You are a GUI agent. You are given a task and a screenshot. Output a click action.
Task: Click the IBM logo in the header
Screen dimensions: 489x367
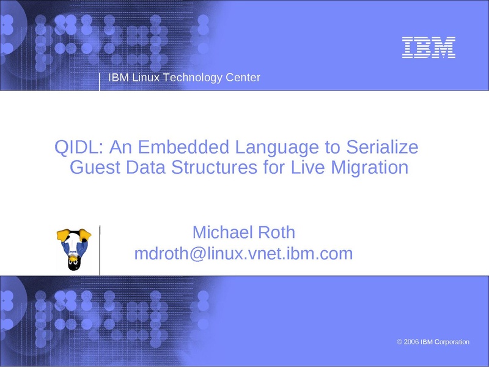point(428,48)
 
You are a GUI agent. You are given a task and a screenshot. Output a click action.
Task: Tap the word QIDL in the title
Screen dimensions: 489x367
point(78,147)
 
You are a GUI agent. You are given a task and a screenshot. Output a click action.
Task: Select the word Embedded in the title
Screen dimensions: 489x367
point(183,147)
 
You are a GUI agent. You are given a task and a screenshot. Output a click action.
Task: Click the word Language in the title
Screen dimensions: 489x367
point(277,148)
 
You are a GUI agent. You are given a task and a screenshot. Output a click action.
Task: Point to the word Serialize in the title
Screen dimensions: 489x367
point(382,147)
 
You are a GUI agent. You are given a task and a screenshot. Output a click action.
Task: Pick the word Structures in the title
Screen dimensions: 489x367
point(215,167)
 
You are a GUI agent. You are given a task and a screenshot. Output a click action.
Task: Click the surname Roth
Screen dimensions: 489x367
point(277,232)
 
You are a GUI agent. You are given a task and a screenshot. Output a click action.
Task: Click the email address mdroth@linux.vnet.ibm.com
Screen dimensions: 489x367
point(243,253)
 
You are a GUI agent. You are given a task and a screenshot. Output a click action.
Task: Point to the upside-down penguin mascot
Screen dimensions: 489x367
point(74,250)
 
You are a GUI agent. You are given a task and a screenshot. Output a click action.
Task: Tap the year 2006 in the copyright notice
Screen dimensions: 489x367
point(411,342)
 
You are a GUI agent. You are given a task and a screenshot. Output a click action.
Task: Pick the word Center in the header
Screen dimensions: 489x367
point(243,78)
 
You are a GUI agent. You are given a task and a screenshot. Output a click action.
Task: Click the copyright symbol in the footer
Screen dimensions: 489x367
point(400,342)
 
